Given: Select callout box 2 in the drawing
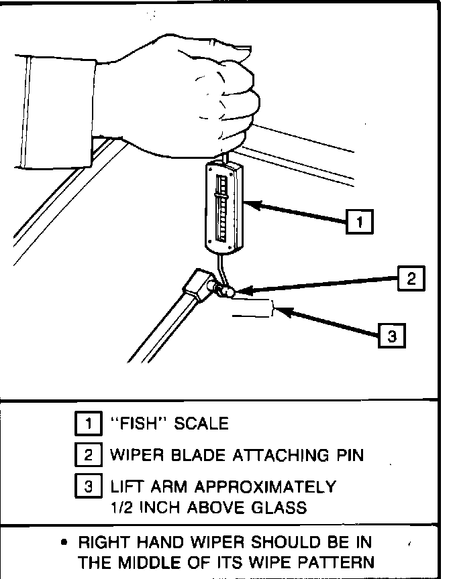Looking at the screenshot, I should (x=410, y=278).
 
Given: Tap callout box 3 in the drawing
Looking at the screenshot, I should (x=392, y=335).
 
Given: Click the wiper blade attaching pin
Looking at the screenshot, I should (x=225, y=292).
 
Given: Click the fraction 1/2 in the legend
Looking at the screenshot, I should (x=121, y=507).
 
